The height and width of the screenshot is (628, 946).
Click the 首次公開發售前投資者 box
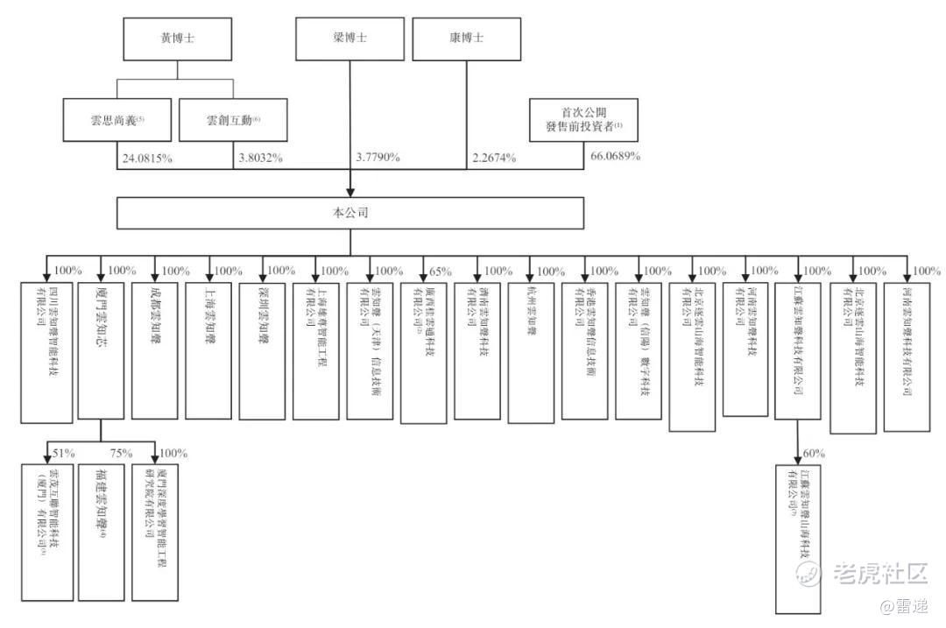click(x=583, y=120)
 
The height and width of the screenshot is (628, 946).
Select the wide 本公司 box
click(x=350, y=213)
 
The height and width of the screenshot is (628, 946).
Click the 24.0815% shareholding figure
click(x=147, y=159)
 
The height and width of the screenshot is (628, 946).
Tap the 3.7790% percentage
click(x=378, y=159)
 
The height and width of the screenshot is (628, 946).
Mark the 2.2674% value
click(x=493, y=159)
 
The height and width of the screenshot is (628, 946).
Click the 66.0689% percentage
click(x=613, y=157)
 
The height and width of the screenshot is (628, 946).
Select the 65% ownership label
click(x=442, y=271)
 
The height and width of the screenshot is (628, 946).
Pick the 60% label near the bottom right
click(x=814, y=454)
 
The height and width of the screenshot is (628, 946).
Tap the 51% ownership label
click(x=64, y=453)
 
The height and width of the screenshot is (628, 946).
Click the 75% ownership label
click(x=121, y=453)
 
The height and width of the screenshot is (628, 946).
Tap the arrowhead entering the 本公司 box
click(x=350, y=190)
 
